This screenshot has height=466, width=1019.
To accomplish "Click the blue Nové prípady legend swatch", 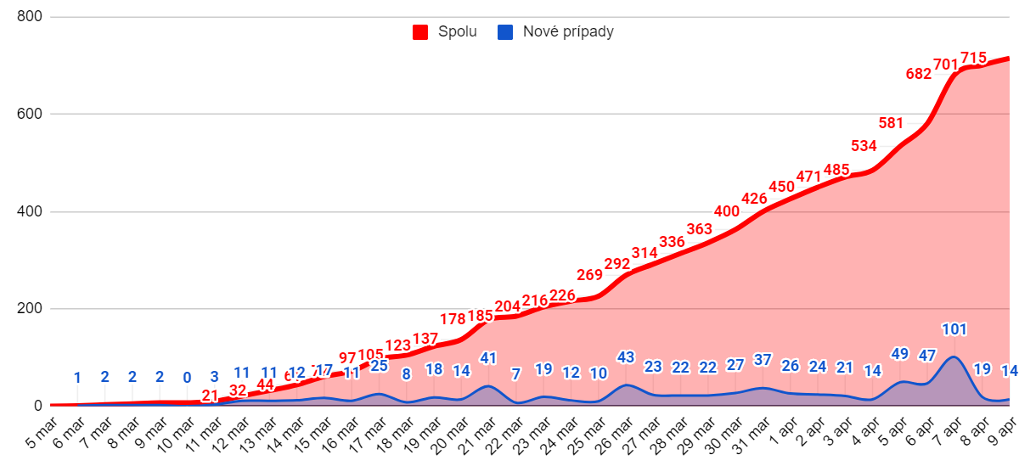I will [505, 32].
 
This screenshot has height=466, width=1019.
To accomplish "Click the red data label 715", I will [973, 58].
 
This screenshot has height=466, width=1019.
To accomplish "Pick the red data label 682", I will [919, 74].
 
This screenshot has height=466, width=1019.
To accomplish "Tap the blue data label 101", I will [954, 329].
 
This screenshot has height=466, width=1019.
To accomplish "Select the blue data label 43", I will [626, 357].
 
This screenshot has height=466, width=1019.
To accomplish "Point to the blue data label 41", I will [488, 358].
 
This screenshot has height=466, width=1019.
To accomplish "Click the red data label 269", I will [589, 275].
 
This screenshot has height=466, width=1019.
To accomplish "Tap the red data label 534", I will [864, 146].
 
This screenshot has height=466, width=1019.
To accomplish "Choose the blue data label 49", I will [900, 354].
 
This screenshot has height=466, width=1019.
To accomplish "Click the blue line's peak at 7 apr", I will [954, 357].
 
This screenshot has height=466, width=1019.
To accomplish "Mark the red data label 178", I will [453, 319].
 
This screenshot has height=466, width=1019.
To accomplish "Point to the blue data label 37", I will [763, 360].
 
